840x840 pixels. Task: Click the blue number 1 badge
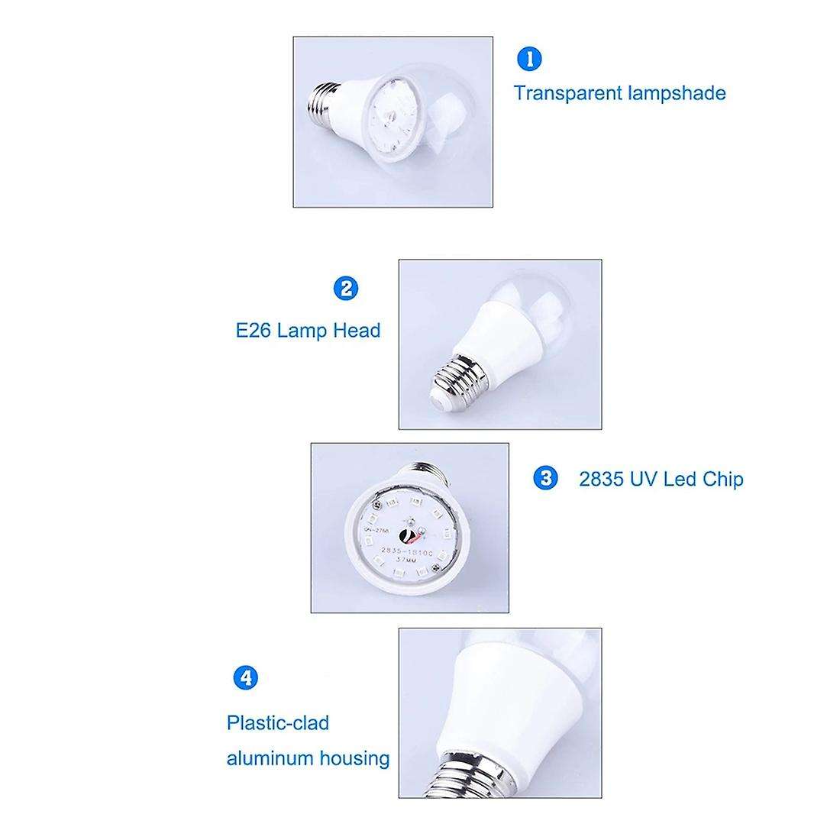click(528, 59)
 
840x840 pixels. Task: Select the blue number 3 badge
click(544, 479)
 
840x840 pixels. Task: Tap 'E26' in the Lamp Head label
click(254, 331)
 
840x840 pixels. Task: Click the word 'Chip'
click(722, 480)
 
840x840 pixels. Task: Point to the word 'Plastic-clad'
click(278, 722)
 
